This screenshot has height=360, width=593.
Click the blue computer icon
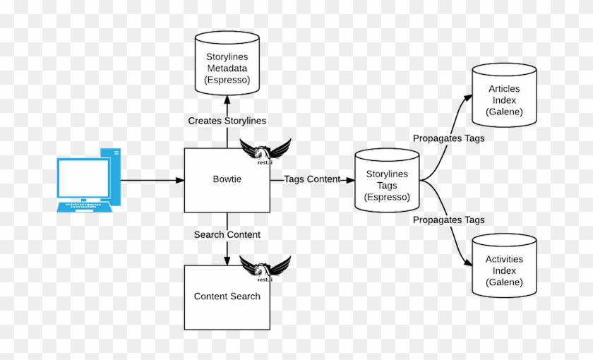tap(89, 180)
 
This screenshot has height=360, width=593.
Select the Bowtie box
tap(227, 180)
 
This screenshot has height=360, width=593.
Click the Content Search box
tap(227, 297)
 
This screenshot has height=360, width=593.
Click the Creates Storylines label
tap(227, 121)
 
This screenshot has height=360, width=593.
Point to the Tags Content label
tap(312, 179)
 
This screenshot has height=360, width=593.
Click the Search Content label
tap(227, 234)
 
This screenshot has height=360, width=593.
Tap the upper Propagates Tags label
tap(448, 138)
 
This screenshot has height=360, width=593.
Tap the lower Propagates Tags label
tap(448, 220)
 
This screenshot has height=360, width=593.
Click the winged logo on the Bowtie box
tap(265, 150)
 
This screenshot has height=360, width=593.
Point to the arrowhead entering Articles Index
tap(468, 97)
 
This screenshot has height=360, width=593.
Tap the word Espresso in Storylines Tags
tap(387, 198)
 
